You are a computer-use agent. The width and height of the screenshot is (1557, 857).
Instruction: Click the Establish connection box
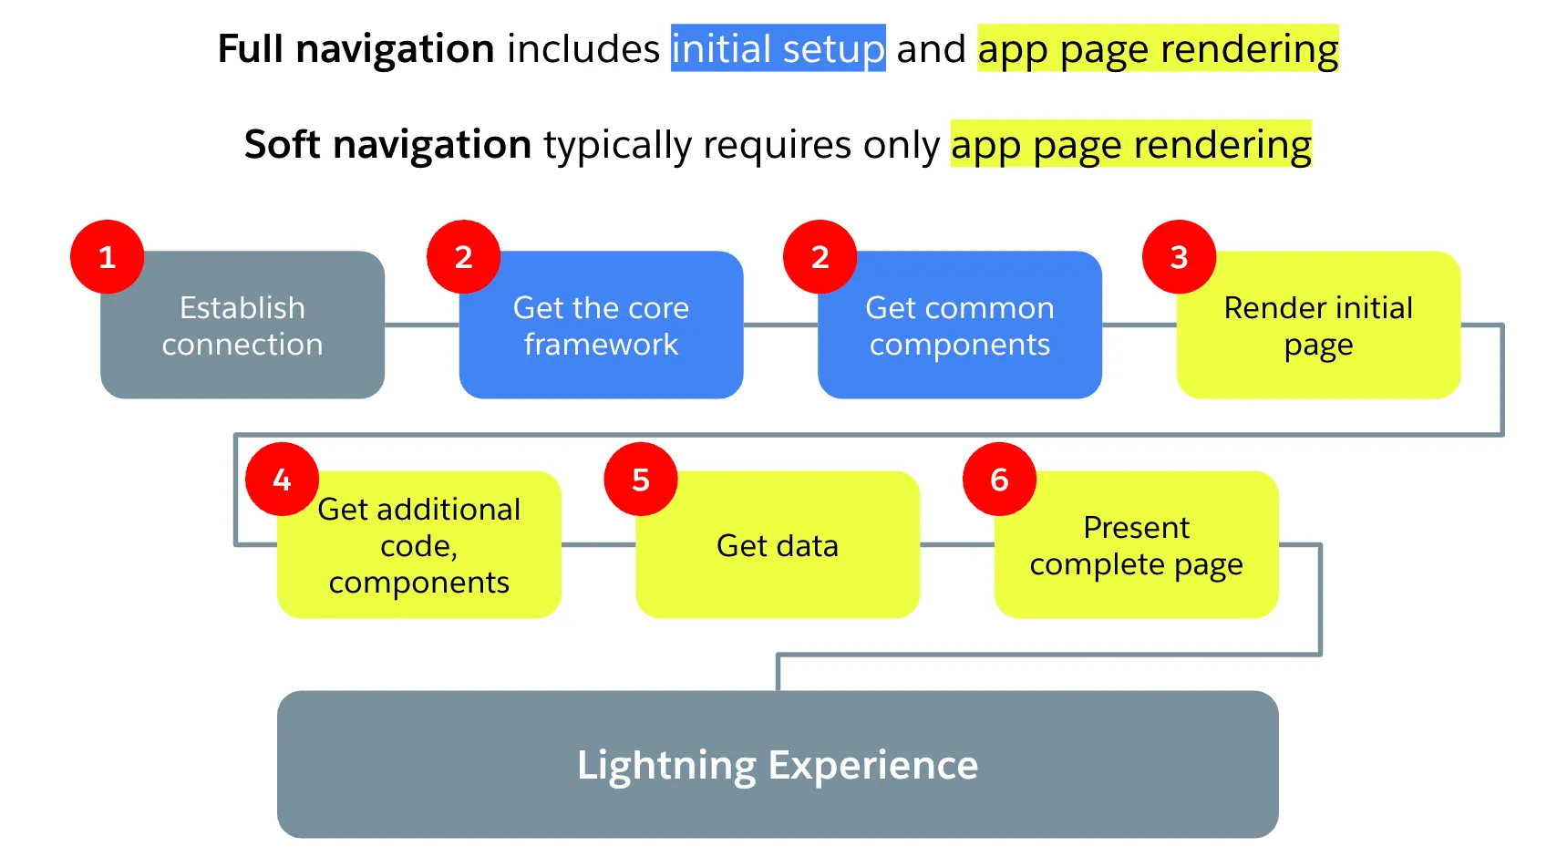242,325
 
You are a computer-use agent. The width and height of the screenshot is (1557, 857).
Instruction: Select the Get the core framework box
601,325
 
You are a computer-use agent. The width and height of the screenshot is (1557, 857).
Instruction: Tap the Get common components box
959,325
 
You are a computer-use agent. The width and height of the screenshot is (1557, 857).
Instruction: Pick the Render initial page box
1318,325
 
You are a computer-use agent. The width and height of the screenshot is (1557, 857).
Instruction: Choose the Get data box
777,545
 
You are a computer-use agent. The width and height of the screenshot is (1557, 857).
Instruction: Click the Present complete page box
1136,545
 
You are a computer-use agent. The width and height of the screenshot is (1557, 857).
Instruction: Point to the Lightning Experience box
777,764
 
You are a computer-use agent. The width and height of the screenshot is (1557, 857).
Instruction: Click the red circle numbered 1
107,257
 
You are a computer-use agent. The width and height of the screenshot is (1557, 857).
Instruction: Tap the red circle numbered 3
1179,257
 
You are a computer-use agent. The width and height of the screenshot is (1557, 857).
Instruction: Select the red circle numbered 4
282,480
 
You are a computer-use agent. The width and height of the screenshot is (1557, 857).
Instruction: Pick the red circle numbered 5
641,480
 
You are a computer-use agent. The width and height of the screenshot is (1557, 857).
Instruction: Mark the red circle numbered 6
999,480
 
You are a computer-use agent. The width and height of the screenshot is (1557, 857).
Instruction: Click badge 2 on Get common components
820,257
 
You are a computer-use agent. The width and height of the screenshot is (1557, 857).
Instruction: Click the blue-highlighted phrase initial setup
778,48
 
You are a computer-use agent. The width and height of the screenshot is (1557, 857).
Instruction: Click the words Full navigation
356,48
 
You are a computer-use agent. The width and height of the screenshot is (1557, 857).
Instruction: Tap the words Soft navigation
387,144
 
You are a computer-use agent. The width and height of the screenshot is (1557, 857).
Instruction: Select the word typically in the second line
617,144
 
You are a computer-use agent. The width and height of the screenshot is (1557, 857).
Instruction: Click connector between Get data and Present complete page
956,545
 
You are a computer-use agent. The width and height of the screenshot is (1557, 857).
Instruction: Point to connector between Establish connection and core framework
421,325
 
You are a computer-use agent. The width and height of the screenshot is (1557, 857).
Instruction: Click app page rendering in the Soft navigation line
1130,144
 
